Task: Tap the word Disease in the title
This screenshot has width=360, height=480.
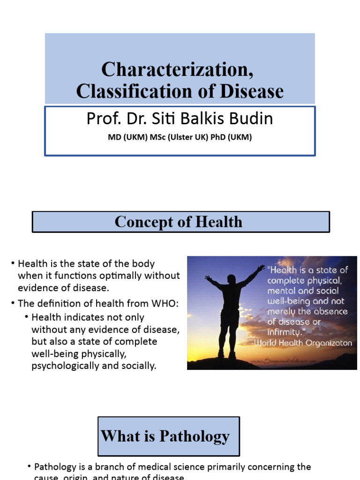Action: (255, 91)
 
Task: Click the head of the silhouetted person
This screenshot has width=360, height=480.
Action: (231, 280)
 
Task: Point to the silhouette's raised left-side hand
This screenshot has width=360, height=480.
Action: (208, 278)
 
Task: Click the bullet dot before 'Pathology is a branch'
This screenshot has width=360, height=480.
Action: (29, 467)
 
